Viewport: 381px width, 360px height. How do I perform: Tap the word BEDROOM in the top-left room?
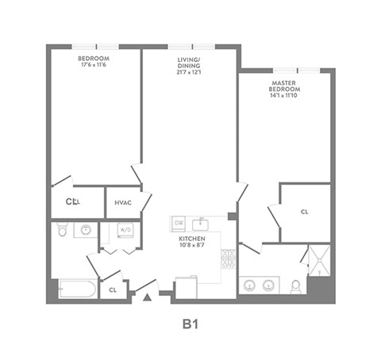[x=93, y=59]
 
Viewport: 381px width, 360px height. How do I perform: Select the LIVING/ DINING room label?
[x=190, y=63]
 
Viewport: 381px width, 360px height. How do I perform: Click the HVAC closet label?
[x=122, y=203]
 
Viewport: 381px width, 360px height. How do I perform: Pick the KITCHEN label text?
[x=192, y=239]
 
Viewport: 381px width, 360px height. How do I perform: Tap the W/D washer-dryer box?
[x=125, y=230]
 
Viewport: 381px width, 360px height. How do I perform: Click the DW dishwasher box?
[x=179, y=223]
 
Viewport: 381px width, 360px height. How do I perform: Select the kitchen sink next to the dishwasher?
[x=202, y=222]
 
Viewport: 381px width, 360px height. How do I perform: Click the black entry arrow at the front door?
[x=147, y=297]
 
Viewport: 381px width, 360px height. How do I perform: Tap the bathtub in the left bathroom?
[x=75, y=289]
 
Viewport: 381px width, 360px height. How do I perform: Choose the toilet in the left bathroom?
[x=63, y=230]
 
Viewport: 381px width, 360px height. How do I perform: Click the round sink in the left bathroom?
[x=85, y=230]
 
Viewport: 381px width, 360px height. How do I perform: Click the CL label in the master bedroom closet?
[x=305, y=213]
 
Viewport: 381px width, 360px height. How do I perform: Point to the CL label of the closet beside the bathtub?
[x=113, y=289]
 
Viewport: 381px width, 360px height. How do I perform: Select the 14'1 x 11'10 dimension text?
[x=283, y=95]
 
